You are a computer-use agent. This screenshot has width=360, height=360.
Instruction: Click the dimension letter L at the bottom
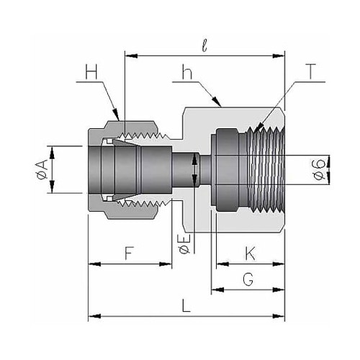186,305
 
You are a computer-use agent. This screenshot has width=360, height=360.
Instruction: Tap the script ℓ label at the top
204,45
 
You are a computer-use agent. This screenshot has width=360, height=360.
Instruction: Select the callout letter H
91,71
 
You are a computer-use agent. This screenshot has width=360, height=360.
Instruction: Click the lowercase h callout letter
187,71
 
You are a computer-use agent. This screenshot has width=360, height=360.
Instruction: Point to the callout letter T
311,71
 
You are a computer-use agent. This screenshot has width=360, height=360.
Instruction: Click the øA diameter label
42,170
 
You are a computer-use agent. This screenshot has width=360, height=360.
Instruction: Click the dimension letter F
129,253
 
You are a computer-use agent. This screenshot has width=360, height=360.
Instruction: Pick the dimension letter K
250,253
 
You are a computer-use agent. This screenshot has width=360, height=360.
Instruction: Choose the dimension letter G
248,279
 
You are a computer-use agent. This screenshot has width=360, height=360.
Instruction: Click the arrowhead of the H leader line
116,114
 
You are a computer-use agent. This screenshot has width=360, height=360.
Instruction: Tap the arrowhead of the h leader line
216,102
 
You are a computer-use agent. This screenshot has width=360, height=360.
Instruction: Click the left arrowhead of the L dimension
94,315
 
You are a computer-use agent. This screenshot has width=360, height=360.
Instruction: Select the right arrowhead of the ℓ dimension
279,56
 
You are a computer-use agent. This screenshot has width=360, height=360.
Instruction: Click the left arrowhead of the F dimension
94,264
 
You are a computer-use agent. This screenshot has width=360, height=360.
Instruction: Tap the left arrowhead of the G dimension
217,289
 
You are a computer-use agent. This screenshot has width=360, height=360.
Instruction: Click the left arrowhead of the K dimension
222,264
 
